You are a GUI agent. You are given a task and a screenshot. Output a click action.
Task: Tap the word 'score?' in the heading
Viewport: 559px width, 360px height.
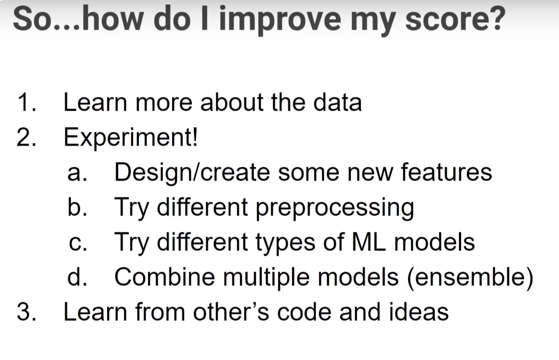455,18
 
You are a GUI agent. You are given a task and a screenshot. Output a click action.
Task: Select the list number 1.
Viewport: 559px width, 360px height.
26,103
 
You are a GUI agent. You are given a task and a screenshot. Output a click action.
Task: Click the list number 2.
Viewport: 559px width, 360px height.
26,137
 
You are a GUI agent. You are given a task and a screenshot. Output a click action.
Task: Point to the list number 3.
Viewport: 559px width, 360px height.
26,312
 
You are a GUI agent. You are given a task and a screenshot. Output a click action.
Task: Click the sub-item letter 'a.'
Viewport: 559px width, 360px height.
77,174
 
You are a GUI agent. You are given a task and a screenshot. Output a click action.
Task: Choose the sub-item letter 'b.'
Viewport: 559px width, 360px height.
77,207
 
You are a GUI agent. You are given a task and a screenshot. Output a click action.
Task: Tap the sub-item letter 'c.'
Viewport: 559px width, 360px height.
77,244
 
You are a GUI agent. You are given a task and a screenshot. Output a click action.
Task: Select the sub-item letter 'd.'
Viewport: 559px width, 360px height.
77,277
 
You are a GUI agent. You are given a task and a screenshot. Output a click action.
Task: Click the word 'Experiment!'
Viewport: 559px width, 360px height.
130,138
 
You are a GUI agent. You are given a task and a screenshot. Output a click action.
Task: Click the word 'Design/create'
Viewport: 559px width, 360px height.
192,173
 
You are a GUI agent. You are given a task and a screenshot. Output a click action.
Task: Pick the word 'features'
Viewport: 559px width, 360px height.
446,172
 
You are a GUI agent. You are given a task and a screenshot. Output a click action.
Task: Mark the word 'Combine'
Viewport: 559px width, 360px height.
165,277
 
